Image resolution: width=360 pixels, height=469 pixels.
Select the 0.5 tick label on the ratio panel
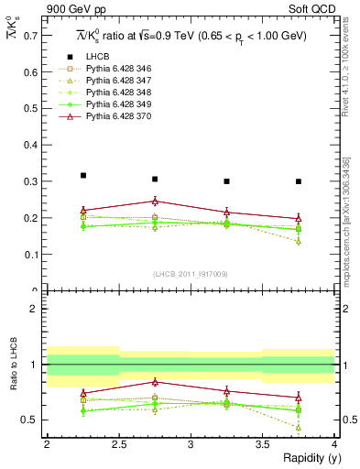(33, 420)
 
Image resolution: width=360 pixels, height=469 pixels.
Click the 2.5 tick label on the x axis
(118, 444)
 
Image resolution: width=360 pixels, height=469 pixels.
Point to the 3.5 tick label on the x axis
(263, 444)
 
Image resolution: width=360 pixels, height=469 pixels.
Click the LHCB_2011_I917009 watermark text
(190, 273)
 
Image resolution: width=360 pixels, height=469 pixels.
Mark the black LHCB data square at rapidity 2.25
(82, 175)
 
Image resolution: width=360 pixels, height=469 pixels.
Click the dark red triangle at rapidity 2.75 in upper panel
(155, 201)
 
